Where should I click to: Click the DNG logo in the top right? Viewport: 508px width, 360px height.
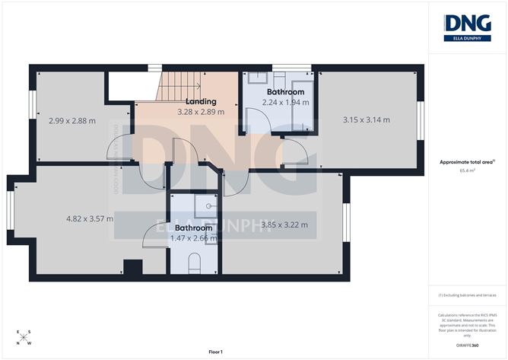467,27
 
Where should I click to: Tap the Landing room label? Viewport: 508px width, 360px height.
201,101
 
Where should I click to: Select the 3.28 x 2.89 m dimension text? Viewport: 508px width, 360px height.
201,112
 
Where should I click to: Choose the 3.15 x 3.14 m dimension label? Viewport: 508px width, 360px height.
366,119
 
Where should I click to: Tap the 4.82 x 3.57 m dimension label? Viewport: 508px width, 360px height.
90,218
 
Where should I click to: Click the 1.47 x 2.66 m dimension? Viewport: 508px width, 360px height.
193,237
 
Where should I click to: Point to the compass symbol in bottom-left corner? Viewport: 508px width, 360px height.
24,336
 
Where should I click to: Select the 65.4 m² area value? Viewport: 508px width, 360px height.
467,171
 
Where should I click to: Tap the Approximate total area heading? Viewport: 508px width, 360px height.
467,161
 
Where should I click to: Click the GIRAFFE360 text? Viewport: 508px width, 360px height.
467,345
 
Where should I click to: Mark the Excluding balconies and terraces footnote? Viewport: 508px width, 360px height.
467,295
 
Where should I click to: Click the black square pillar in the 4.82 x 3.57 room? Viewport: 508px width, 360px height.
132,269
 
